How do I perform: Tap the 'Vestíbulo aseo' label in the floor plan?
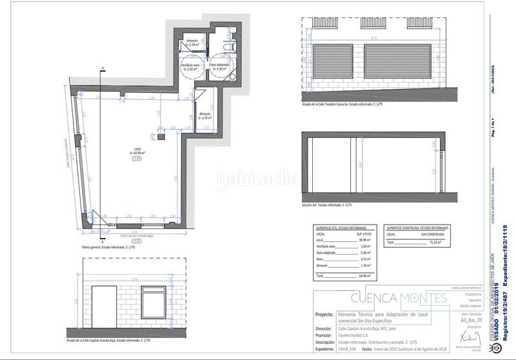pos(189,66)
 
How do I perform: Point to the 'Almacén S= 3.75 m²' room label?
pos(206,116)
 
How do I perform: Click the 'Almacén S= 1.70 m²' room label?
pos(192,43)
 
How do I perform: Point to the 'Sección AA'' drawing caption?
pos(326,205)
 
